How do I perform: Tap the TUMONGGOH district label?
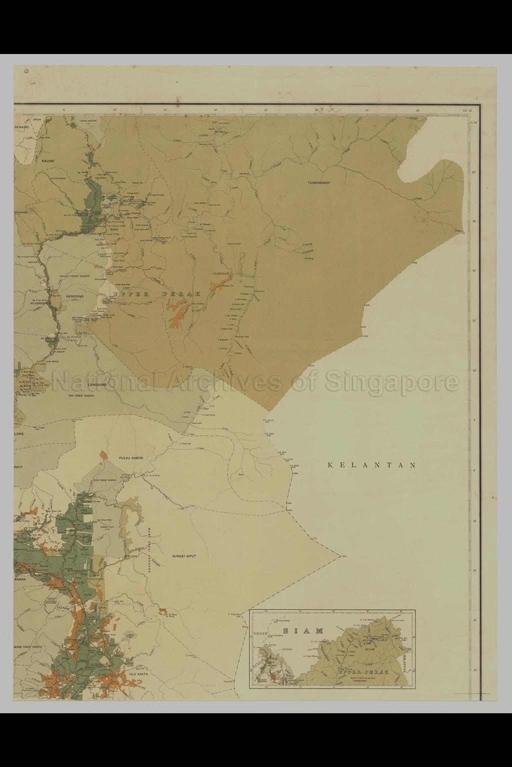coord(320,183)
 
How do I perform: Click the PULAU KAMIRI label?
coord(131,457)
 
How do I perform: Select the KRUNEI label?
coord(47,161)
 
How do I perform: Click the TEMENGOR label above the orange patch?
coord(220,274)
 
